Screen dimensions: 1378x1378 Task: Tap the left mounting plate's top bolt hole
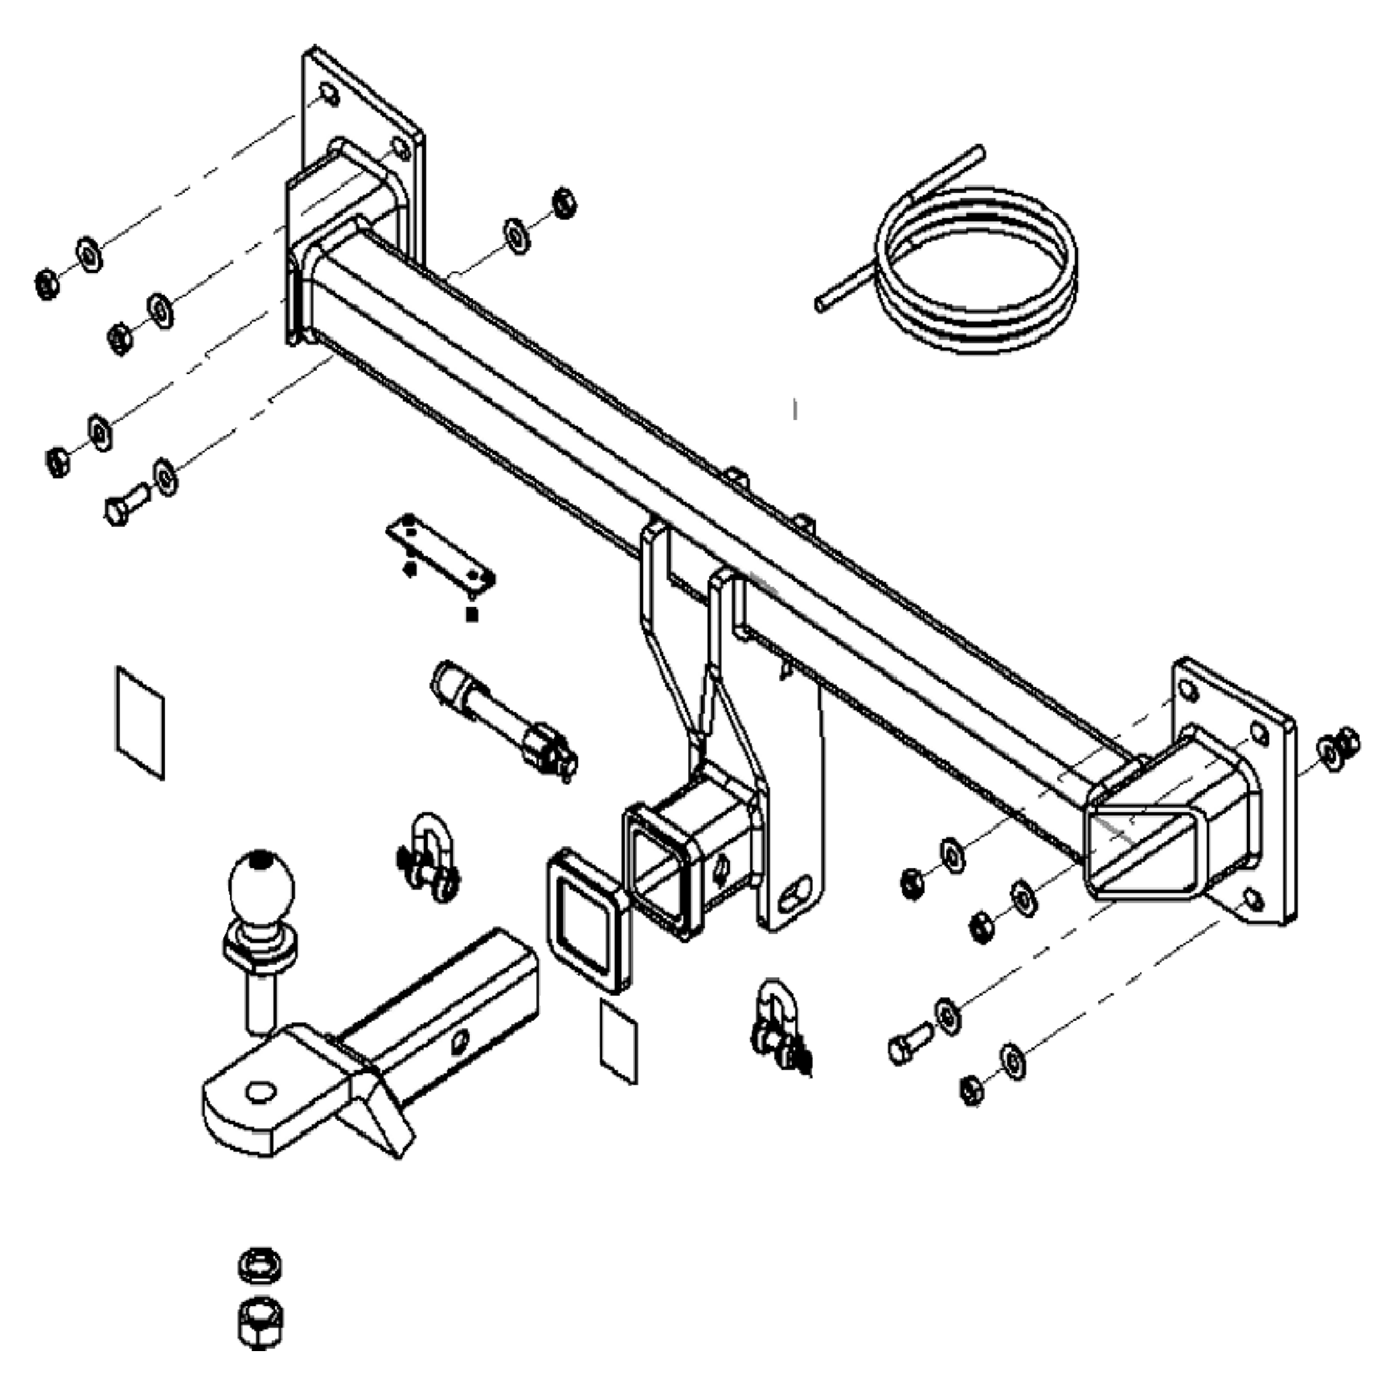pos(329,95)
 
